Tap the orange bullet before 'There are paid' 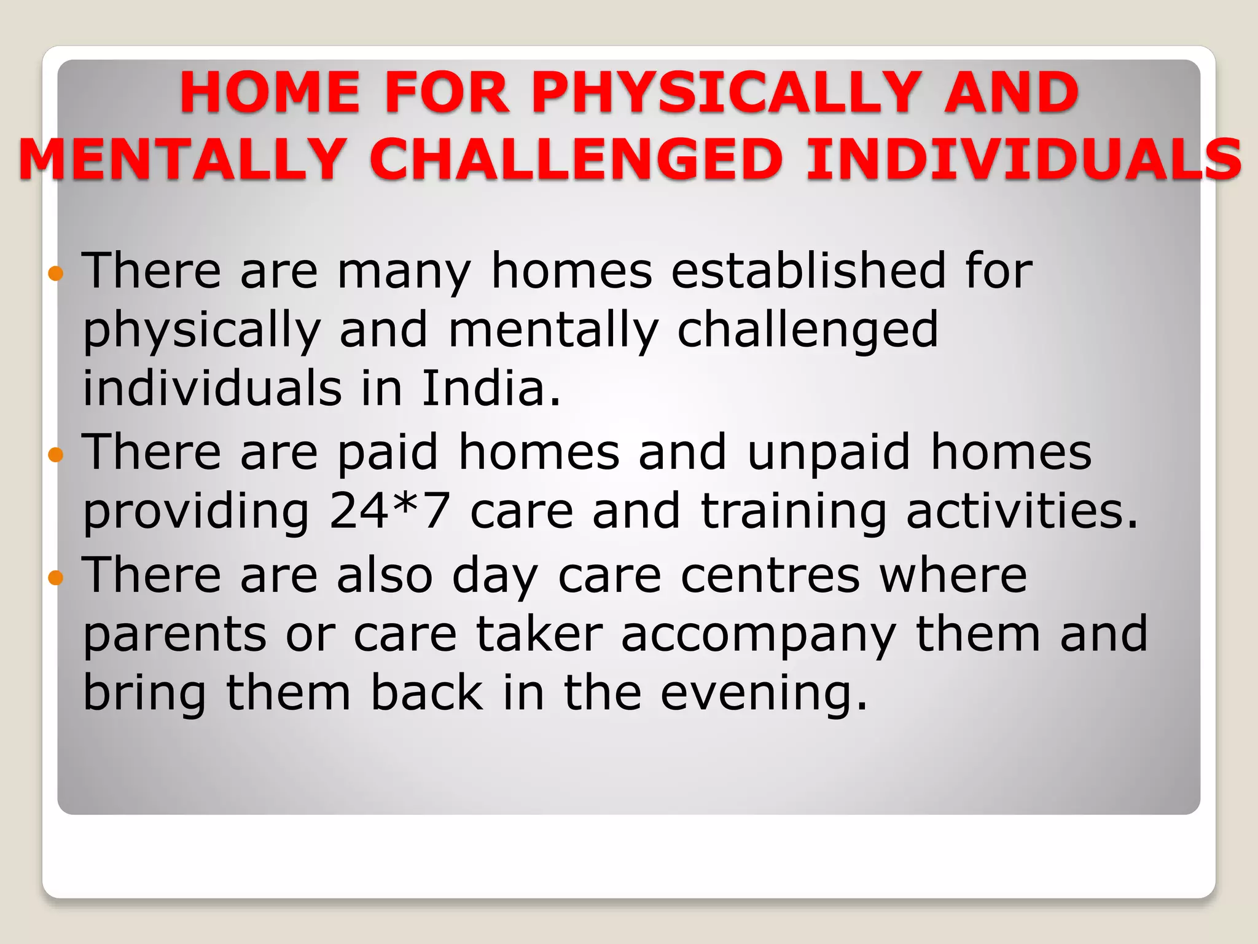[55, 455]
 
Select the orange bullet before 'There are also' [55, 578]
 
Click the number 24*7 [389, 511]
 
